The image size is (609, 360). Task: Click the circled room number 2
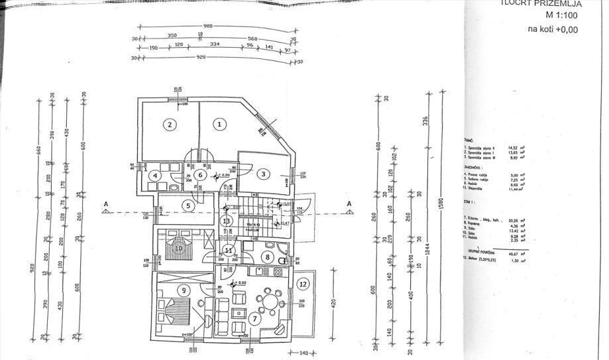pos(170,124)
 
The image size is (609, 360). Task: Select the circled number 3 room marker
pos(263,174)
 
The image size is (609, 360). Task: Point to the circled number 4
pos(154,176)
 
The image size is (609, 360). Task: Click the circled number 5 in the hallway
pos(188,206)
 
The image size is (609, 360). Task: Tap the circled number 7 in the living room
pos(254,319)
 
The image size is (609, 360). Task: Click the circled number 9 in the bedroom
pos(184,290)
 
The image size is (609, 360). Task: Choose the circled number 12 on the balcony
pos(303,284)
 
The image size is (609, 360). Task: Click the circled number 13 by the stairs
pos(227,221)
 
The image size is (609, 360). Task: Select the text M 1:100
pos(561,15)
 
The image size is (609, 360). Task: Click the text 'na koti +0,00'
pos(553,29)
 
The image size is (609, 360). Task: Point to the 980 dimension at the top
pos(208,27)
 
